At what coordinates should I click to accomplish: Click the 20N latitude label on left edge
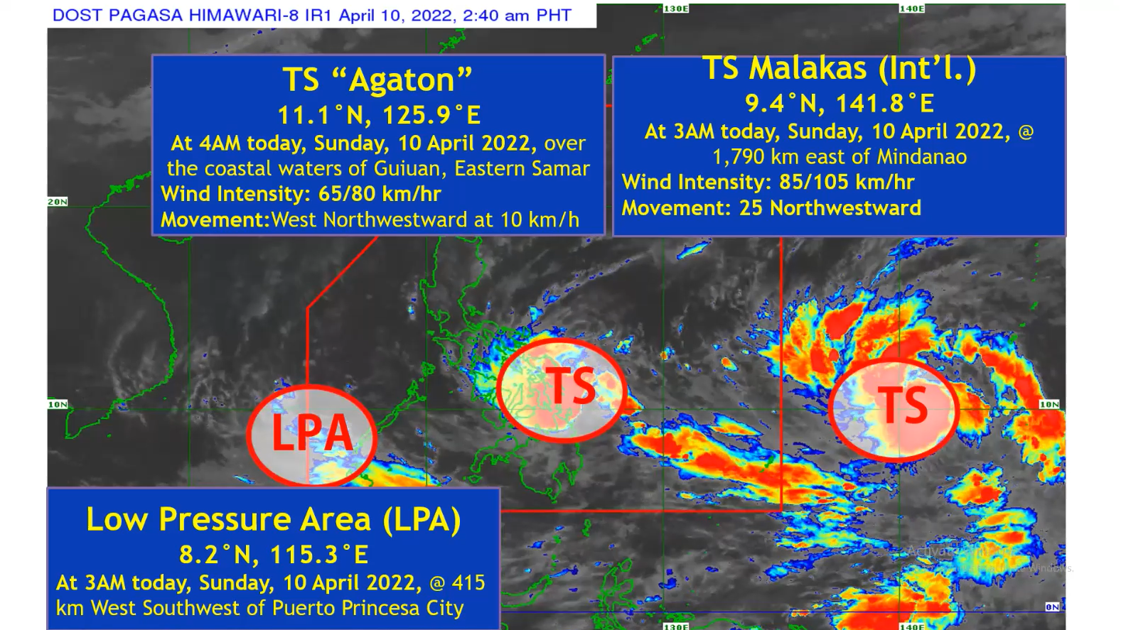click(58, 202)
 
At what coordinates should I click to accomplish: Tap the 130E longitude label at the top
click(676, 9)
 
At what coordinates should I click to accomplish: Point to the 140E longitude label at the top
click(912, 9)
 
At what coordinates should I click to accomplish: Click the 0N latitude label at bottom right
click(1052, 607)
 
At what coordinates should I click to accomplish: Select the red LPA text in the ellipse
click(312, 433)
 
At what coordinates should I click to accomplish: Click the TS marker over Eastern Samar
click(571, 386)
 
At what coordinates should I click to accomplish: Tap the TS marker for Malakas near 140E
click(903, 406)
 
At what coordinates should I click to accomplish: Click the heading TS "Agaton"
click(377, 79)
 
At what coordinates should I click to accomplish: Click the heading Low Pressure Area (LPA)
click(274, 519)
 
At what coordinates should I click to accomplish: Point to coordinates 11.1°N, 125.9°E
click(379, 115)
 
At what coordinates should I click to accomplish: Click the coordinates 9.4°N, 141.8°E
click(840, 104)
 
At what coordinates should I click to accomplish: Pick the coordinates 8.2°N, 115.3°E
click(274, 554)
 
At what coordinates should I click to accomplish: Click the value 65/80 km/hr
click(380, 193)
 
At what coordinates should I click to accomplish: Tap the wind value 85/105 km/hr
click(846, 182)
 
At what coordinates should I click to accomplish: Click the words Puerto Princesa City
click(368, 609)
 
